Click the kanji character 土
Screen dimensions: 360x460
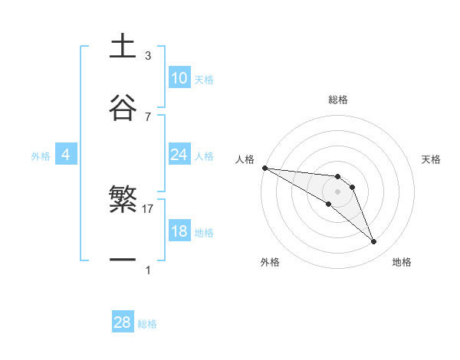pos(122,47)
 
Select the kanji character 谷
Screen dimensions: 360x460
pos(122,107)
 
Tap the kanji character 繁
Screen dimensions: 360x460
pos(122,200)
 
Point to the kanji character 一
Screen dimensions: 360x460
pos(122,260)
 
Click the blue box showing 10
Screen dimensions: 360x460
pos(179,78)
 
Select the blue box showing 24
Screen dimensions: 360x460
pos(179,155)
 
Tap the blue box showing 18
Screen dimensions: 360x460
pos(179,231)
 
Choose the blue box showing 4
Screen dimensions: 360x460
pos(65,155)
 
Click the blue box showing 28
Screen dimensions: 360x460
pos(122,322)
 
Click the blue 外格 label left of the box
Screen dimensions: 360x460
pos(41,155)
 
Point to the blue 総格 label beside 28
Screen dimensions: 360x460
pos(147,324)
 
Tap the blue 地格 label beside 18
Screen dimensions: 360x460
pos(204,232)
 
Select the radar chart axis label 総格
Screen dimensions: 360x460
pos(338,100)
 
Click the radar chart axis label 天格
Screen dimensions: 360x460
pos(432,159)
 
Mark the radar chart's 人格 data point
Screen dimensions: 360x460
pos(264,168)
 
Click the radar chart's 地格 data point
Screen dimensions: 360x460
pos(374,242)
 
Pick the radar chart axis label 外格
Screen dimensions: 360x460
pos(270,263)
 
